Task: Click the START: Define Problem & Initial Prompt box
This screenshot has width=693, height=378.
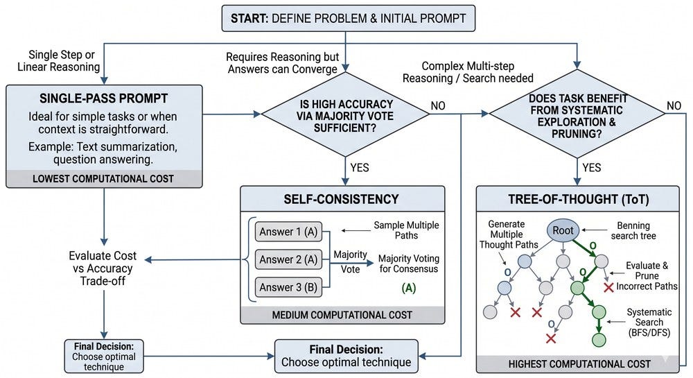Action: click(x=349, y=18)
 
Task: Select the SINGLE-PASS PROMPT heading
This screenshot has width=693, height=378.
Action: click(x=104, y=98)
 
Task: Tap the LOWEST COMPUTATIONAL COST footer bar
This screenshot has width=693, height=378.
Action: click(x=104, y=179)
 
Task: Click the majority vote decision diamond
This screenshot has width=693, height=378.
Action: click(x=346, y=114)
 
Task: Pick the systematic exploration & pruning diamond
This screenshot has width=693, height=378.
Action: click(x=577, y=114)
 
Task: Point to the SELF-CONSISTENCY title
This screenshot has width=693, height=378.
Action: click(x=341, y=199)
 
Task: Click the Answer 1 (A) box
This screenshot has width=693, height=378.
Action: click(x=288, y=231)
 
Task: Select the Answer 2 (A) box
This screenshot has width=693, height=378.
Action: click(x=288, y=259)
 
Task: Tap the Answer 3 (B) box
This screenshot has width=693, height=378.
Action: click(x=288, y=287)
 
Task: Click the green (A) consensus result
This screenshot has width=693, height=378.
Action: click(x=409, y=289)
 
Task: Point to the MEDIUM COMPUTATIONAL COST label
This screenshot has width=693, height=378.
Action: click(x=342, y=315)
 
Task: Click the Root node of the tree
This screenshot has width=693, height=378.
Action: click(x=563, y=230)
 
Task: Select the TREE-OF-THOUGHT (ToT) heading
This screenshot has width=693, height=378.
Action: click(x=579, y=199)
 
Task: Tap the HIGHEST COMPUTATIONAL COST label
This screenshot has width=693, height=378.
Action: click(x=579, y=364)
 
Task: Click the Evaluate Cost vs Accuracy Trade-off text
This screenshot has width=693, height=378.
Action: click(x=103, y=268)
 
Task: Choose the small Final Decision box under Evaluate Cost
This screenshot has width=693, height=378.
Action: click(x=104, y=356)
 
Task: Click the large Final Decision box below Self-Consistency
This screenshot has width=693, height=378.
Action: click(x=346, y=356)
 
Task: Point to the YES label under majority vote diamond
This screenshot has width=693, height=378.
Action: click(x=360, y=168)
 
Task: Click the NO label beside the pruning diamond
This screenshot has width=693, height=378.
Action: click(x=674, y=105)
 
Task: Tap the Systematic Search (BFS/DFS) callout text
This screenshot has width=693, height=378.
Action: click(x=649, y=323)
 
